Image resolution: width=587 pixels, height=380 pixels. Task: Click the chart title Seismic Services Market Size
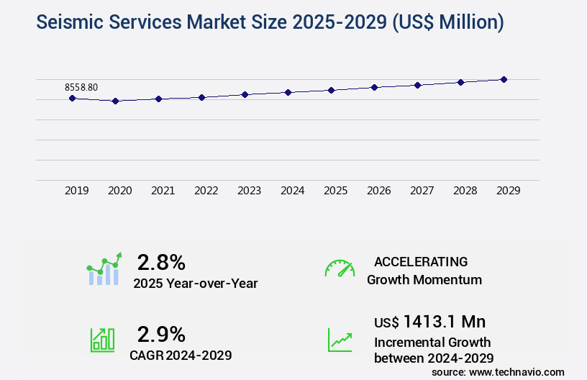click(x=270, y=22)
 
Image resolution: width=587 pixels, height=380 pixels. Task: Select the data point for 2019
click(x=72, y=98)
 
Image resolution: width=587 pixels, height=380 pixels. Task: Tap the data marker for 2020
click(x=115, y=101)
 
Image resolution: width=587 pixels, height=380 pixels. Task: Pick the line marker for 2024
click(x=288, y=92)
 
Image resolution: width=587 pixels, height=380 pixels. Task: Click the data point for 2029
click(x=504, y=79)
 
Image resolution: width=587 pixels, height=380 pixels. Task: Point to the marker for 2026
click(x=374, y=87)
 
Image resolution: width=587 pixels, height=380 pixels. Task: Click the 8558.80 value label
click(x=81, y=87)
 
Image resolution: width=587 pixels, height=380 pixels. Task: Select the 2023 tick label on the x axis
click(x=249, y=191)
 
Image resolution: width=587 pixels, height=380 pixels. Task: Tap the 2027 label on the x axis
click(x=422, y=191)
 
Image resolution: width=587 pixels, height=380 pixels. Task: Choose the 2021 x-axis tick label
click(x=163, y=191)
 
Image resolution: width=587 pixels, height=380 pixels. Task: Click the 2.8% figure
click(x=161, y=261)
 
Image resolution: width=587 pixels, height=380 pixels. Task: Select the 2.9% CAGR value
click(x=161, y=334)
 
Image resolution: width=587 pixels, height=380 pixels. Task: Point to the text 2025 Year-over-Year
click(x=195, y=283)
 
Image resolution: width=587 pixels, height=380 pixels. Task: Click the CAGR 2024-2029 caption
click(x=181, y=355)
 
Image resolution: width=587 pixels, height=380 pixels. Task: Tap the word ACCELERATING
click(x=421, y=261)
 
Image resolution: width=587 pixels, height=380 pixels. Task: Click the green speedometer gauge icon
click(x=340, y=268)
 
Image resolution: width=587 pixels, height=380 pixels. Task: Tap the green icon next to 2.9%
click(x=102, y=340)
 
